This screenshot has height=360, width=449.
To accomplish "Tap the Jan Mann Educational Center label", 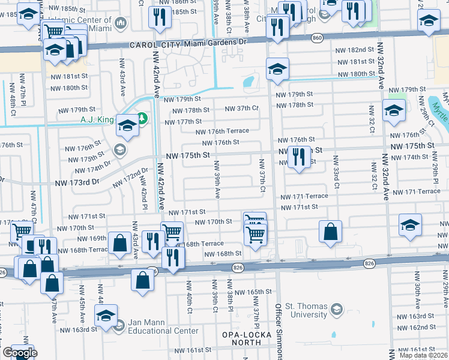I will click(x=161, y=326).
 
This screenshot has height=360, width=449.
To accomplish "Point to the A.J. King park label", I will click(x=97, y=119).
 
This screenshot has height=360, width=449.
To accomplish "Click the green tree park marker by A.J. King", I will click(x=142, y=118).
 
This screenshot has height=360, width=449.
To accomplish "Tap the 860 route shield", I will click(x=317, y=38).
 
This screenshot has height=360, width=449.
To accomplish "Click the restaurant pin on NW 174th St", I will click(x=298, y=157).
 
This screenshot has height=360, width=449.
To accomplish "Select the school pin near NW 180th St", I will click(x=277, y=68).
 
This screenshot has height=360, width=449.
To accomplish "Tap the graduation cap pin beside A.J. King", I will click(x=127, y=125).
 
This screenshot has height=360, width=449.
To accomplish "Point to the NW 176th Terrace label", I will click(x=222, y=131).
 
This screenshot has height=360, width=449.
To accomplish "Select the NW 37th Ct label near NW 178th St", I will click(x=241, y=108).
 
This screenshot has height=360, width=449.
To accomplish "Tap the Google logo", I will click(x=19, y=353).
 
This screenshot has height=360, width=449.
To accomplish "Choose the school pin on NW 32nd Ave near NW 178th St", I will click(x=394, y=111).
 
